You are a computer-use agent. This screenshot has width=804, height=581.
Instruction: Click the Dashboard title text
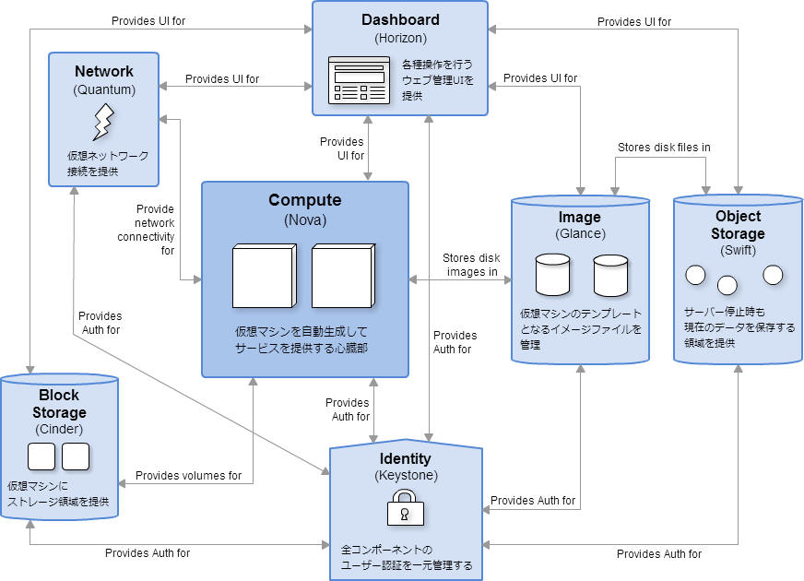(x=400, y=19)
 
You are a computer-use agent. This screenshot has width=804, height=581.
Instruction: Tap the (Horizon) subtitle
(x=400, y=38)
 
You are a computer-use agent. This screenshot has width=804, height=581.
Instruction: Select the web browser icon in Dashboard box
(x=360, y=81)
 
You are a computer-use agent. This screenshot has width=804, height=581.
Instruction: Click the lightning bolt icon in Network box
(x=103, y=122)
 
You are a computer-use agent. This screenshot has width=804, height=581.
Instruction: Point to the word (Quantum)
(x=103, y=89)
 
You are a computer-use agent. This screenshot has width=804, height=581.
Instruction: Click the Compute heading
(x=304, y=200)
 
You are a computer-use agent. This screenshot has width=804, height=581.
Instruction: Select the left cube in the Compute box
(x=265, y=275)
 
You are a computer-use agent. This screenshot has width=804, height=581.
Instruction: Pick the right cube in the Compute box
(x=343, y=275)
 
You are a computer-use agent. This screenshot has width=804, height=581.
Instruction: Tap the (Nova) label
(x=304, y=220)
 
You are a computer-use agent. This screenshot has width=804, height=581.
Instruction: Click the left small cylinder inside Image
(x=552, y=274)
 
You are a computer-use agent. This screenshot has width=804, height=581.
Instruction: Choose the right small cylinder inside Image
(x=610, y=274)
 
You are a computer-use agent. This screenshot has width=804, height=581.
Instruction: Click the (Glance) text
(x=580, y=234)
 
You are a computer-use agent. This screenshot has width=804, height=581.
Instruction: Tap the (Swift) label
(x=738, y=251)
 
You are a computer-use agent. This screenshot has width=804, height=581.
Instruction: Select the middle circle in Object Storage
(x=727, y=284)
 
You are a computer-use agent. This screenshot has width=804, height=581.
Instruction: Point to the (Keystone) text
(x=406, y=476)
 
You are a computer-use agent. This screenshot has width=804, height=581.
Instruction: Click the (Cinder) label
(x=59, y=429)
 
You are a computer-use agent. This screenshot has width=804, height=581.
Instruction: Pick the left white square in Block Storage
(x=41, y=456)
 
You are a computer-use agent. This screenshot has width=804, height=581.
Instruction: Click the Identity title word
(x=406, y=458)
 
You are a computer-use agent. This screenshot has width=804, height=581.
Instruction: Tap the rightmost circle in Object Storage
(x=773, y=275)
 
